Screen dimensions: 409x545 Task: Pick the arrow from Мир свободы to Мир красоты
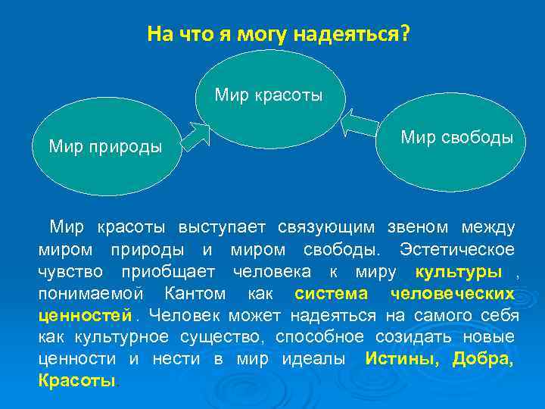click(361, 121)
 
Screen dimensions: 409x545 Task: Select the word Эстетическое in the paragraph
click(457, 249)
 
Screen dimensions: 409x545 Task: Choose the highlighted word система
click(331, 293)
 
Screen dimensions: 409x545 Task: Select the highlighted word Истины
click(400, 358)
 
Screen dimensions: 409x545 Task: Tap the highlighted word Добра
click(482, 358)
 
